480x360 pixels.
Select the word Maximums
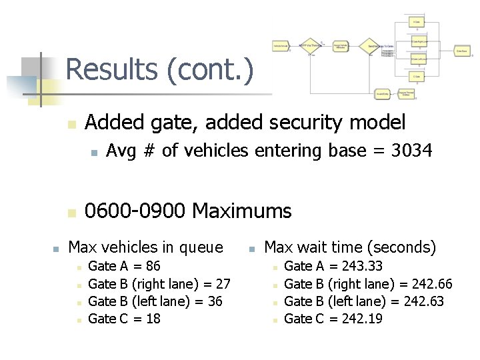[241, 211]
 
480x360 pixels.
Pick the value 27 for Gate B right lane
[223, 284]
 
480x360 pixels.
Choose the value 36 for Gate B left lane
[215, 301]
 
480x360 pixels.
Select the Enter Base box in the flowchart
[461, 50]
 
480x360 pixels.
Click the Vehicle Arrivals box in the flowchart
[281, 46]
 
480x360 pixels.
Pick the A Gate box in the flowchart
[416, 22]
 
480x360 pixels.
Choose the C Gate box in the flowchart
[416, 76]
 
